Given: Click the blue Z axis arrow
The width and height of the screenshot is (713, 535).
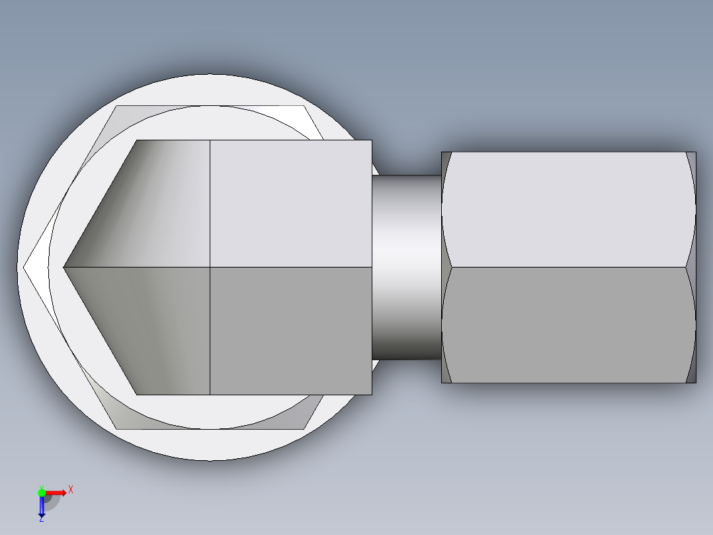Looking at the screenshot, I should tap(41, 507).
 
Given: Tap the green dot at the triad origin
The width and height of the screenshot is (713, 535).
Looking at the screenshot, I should tap(42, 492).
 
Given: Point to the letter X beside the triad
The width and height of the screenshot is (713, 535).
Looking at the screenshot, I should tap(71, 489).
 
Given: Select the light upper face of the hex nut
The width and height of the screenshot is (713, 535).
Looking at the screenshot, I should tap(569, 209).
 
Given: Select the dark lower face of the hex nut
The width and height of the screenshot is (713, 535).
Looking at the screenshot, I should tap(569, 324).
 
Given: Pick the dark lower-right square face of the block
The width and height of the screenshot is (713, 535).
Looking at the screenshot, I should tap(290, 331).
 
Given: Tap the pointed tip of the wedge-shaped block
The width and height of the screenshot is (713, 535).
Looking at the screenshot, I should tap(64, 267).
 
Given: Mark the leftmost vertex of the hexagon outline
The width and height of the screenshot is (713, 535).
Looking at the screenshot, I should tap(24, 267).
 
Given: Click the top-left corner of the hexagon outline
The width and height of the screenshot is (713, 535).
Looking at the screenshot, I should tap(117, 106).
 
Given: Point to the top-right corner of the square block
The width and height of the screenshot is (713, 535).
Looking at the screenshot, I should tap(371, 140).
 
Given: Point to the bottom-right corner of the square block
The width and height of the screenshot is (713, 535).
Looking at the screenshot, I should tap(371, 394).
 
